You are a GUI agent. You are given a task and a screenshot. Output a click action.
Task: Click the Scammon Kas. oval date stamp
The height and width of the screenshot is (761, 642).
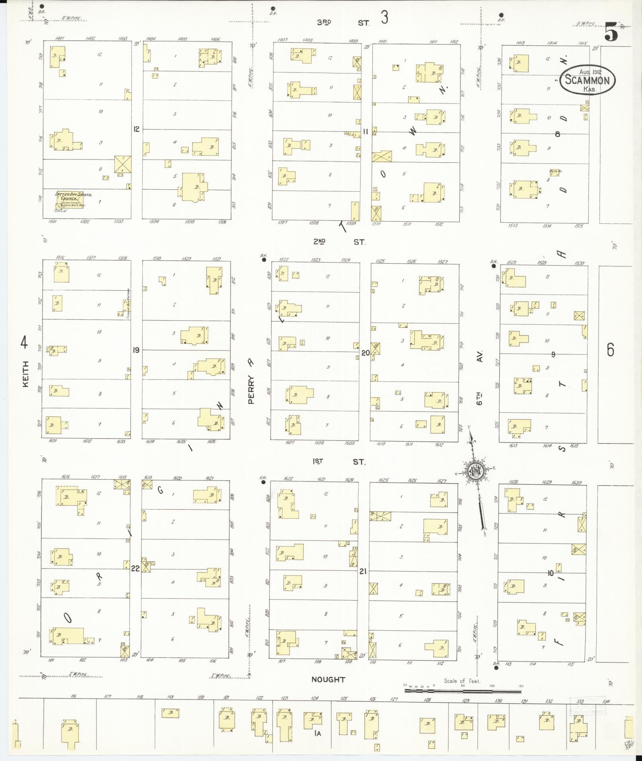587,80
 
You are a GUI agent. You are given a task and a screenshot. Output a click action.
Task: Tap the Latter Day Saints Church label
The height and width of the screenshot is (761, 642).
74,197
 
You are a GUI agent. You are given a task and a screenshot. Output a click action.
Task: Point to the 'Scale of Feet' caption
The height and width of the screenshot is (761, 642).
462,681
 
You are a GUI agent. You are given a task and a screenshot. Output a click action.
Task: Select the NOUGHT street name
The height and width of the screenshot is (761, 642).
328,679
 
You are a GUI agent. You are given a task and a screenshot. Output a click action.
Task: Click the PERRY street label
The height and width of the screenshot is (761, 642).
251,390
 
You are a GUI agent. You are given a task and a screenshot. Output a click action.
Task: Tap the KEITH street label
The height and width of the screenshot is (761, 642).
25,374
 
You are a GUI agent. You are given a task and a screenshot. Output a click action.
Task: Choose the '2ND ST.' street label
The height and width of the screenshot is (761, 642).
339,241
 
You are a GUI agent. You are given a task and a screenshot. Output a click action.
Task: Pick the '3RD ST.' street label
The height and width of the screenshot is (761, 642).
343,23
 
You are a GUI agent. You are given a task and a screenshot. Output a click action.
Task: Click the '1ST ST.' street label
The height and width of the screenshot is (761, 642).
339,461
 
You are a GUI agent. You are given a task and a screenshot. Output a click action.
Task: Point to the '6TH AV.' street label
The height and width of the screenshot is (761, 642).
480,378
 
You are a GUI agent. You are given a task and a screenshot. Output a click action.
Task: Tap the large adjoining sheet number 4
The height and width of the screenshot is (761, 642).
24,342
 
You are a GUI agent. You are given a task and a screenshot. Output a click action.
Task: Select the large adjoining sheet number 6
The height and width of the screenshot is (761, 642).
610,350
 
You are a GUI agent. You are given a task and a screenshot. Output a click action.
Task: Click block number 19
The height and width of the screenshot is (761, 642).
136,350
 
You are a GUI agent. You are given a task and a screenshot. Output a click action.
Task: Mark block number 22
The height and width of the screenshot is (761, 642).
135,568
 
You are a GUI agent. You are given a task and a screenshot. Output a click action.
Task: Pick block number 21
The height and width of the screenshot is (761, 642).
363,571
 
